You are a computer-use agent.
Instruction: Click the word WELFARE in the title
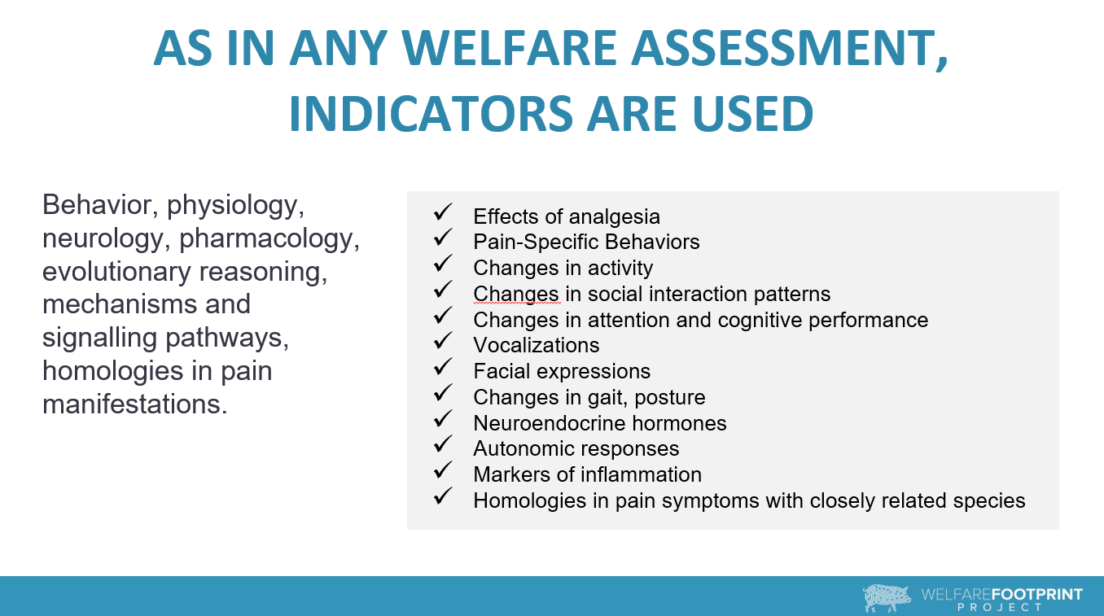tap(509, 48)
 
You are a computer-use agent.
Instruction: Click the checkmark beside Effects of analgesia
tap(443, 212)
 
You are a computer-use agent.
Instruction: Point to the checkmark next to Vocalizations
tap(443, 340)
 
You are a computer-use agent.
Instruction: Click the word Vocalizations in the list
tap(537, 345)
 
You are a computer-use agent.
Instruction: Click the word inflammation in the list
tap(642, 474)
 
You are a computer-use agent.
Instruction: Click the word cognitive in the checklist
tap(760, 321)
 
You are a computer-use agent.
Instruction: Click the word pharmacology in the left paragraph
tap(269, 239)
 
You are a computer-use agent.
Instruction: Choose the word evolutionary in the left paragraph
tap(116, 273)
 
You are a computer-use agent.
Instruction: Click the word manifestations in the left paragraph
tap(134, 404)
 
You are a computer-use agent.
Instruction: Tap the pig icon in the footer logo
tap(887, 598)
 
